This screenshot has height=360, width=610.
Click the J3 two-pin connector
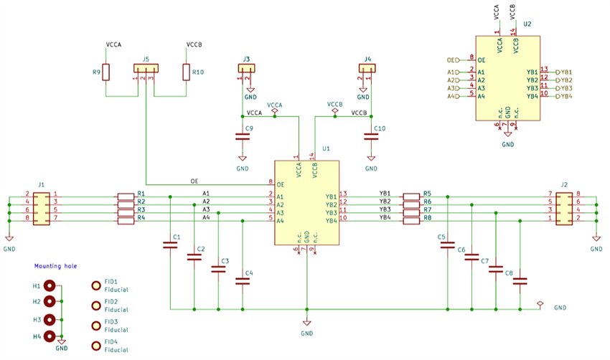tap(246, 69)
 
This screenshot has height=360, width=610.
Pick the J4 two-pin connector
tap(367, 69)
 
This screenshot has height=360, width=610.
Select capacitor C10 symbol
tap(371, 136)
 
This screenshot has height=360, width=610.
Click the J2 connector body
tap(564, 207)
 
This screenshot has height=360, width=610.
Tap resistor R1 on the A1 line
tap(126, 195)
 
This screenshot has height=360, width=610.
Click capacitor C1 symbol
tap(170, 246)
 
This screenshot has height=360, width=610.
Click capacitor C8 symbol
tap(520, 282)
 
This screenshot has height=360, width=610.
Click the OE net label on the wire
tap(194, 180)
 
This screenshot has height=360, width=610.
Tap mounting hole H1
tap(50, 285)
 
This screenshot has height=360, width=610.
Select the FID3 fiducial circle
tap(95, 326)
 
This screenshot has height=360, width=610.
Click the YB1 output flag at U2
tap(565, 72)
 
